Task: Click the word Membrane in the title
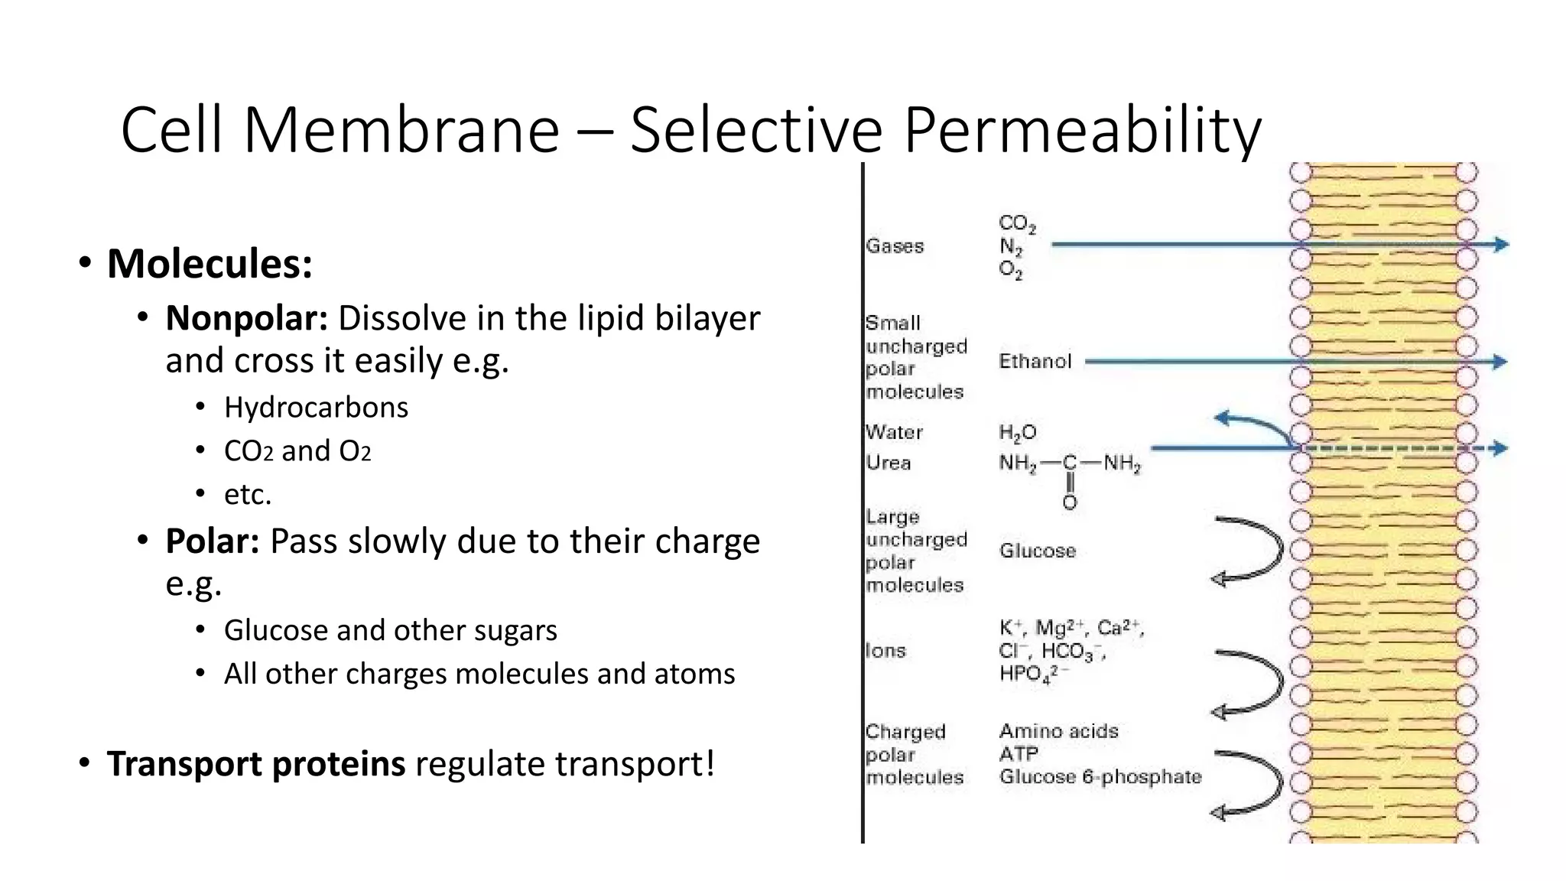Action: pyautogui.click(x=401, y=130)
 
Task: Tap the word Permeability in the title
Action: pyautogui.click(x=1082, y=130)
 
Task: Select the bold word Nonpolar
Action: pyautogui.click(x=246, y=318)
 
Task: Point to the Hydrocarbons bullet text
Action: pyautogui.click(x=316, y=408)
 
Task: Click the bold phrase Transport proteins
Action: pyautogui.click(x=256, y=764)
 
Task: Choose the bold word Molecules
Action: pyautogui.click(x=210, y=264)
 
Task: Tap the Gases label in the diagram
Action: pyautogui.click(x=895, y=246)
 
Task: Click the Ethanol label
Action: pyautogui.click(x=1035, y=362)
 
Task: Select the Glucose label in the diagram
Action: pyautogui.click(x=1037, y=551)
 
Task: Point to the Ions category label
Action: pyautogui.click(x=885, y=651)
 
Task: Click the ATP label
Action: pyautogui.click(x=1019, y=754)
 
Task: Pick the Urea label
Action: pyautogui.click(x=889, y=463)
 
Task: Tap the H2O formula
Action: pyautogui.click(x=1017, y=433)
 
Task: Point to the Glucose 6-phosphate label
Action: pyautogui.click(x=1100, y=777)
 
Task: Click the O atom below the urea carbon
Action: pyautogui.click(x=1070, y=502)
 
